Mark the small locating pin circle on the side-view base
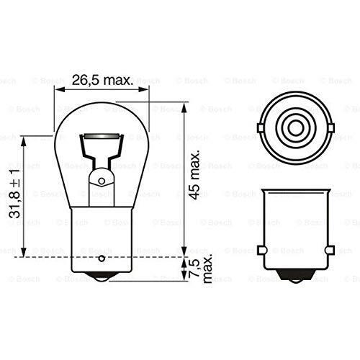click(x=102, y=258)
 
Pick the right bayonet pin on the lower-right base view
click(x=329, y=250)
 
